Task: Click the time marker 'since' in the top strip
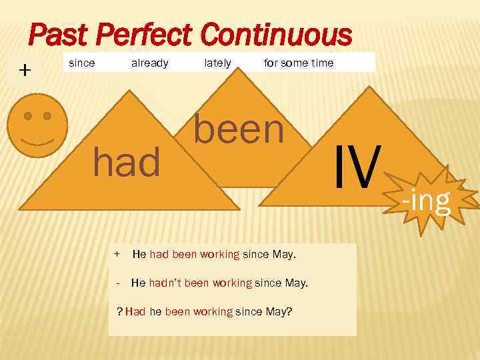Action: coord(82,63)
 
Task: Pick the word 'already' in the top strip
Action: coord(149,63)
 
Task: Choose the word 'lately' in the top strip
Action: coord(217,63)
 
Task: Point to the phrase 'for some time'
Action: coord(299,63)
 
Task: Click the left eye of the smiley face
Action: coord(28,116)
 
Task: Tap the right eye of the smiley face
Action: coord(47,116)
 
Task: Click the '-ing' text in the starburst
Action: coord(426,199)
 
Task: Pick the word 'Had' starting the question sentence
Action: coord(135,311)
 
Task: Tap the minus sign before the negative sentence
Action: coord(117,283)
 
